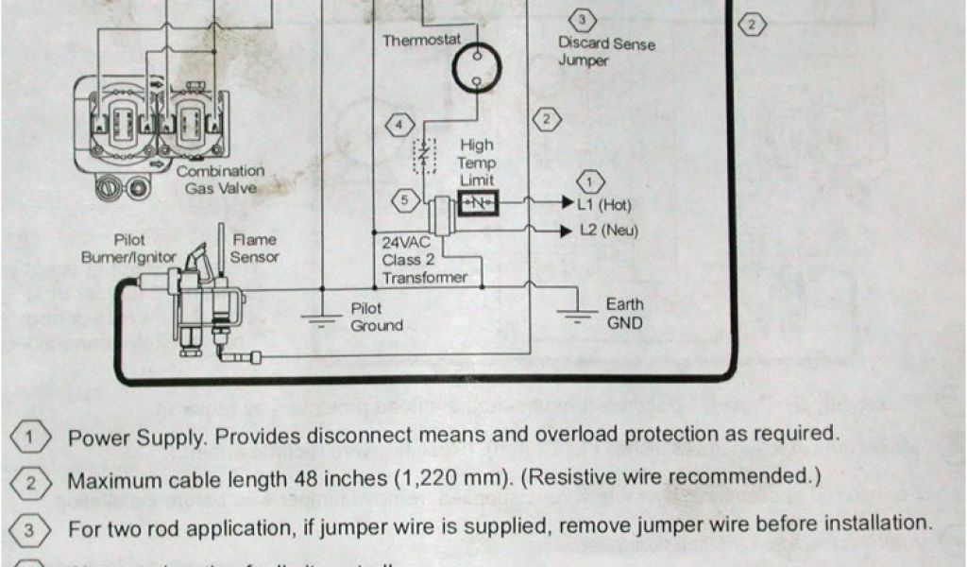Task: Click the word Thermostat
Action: tap(421, 41)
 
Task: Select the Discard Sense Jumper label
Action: tap(605, 52)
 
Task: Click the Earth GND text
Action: tap(624, 314)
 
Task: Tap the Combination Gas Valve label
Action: tap(220, 180)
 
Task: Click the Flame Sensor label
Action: tap(255, 249)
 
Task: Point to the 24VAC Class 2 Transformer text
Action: tap(423, 260)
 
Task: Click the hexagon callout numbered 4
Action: tap(402, 125)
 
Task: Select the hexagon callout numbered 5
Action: tap(403, 199)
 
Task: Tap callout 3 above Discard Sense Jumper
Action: tap(582, 20)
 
